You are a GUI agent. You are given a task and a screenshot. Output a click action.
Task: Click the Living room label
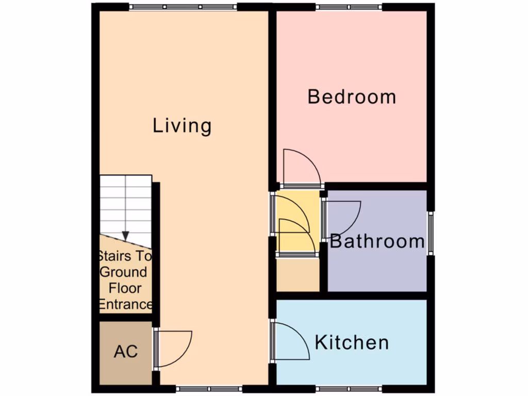click(x=182, y=126)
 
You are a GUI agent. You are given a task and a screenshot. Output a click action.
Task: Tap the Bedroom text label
click(x=352, y=97)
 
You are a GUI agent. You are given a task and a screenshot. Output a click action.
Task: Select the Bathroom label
click(x=377, y=241)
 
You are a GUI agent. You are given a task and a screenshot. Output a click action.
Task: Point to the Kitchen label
click(x=352, y=342)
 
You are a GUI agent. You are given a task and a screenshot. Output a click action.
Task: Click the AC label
click(x=126, y=352)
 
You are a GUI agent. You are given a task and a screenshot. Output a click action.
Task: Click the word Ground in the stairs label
click(x=124, y=272)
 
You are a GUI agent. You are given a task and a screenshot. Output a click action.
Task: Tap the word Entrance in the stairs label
click(x=125, y=304)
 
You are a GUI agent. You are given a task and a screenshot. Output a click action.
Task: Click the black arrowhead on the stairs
click(x=125, y=236)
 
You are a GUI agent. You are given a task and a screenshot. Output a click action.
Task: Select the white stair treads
click(x=125, y=204)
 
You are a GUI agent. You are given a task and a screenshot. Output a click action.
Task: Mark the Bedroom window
click(x=349, y=7)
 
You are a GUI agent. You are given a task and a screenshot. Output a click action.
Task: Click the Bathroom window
click(x=431, y=233)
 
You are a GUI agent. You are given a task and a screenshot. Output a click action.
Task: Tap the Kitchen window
click(x=349, y=388)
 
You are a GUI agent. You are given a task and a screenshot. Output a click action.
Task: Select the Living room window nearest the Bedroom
click(x=183, y=7)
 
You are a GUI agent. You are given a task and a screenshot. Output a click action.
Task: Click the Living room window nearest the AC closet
click(x=209, y=388)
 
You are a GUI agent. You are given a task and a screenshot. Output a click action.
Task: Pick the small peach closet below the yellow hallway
click(x=298, y=274)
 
